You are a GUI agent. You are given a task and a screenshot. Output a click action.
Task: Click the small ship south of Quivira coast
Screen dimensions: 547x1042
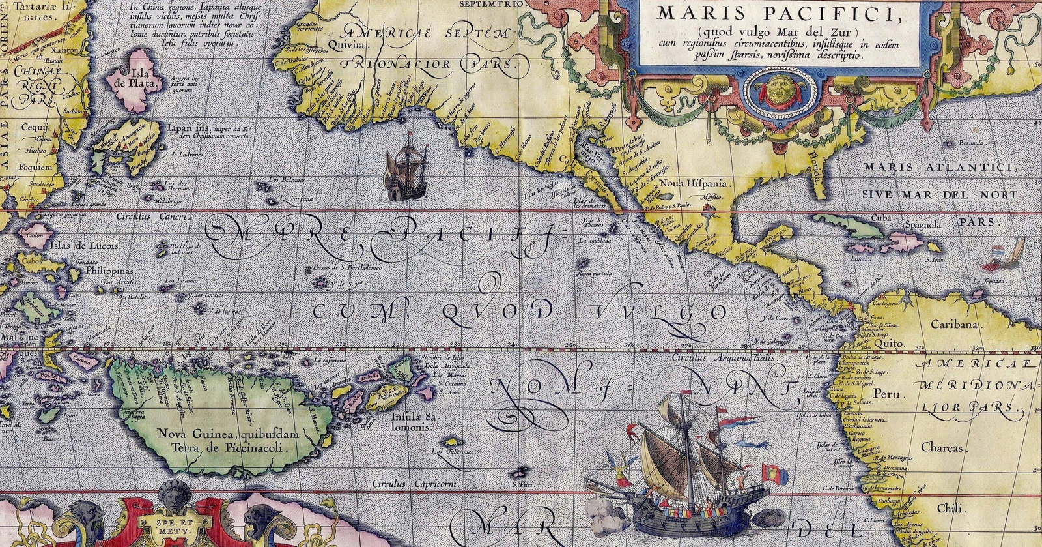point(405,166)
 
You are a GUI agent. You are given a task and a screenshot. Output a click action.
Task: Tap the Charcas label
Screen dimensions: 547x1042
point(942,447)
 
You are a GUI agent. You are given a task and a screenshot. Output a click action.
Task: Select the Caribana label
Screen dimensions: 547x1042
point(954,324)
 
